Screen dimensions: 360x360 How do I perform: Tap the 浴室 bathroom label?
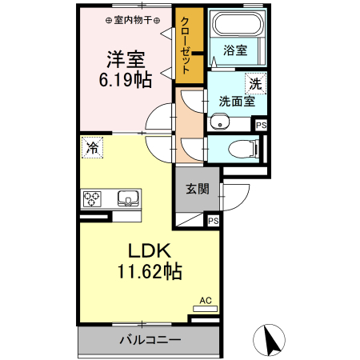[x=235, y=50]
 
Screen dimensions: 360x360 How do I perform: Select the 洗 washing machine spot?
[x=254, y=82]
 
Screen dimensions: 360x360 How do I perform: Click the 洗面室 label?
[x=237, y=102]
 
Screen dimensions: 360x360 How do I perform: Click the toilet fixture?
[x=244, y=149]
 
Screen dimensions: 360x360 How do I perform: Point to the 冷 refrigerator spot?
[x=92, y=147]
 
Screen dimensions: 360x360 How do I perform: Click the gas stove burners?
[x=92, y=198]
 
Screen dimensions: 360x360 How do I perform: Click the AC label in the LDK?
[x=206, y=301]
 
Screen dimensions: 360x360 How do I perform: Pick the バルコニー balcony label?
[x=150, y=340]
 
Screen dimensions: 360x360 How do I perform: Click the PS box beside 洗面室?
[x=260, y=124]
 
